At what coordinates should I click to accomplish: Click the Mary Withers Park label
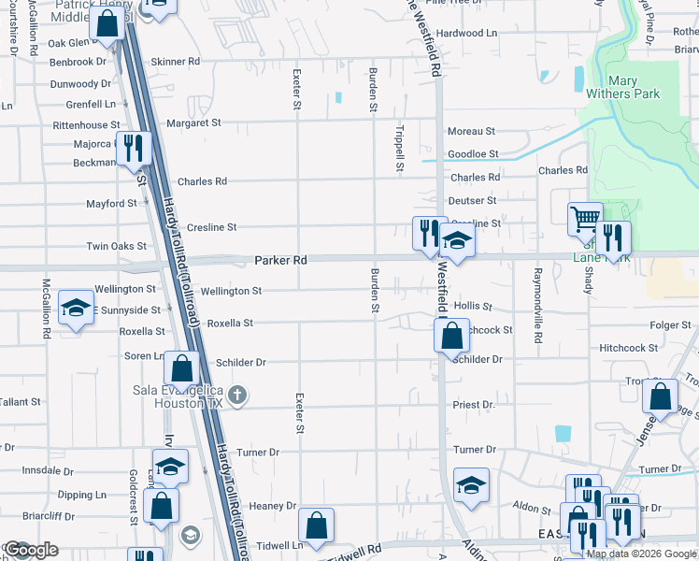(622, 87)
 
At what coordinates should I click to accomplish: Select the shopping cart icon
(585, 219)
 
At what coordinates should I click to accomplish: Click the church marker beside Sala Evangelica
(237, 395)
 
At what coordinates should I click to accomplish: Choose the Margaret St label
(193, 122)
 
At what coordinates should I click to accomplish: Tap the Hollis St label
(472, 306)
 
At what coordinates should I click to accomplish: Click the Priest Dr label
(473, 405)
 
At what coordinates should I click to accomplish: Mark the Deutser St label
(472, 200)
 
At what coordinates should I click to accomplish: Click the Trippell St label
(399, 150)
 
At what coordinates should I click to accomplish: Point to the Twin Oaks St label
(117, 246)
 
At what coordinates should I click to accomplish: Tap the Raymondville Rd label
(537, 304)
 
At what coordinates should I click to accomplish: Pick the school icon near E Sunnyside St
(76, 309)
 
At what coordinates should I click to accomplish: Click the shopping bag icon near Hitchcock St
(451, 335)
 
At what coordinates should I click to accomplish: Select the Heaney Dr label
(272, 506)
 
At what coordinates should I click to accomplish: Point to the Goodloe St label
(473, 153)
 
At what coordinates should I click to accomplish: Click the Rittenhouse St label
(86, 124)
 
